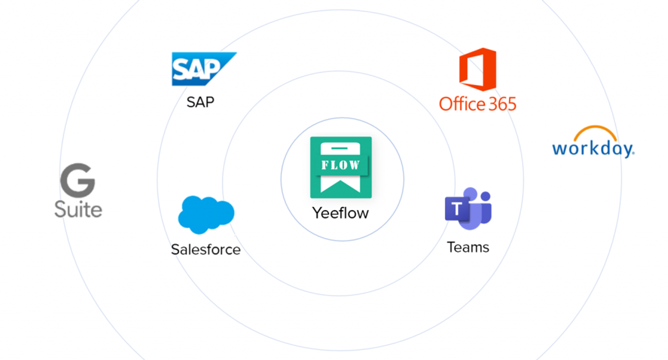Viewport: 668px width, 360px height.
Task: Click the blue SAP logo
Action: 204,69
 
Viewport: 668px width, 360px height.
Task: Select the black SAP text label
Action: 200,102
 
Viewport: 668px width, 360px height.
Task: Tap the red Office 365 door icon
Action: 478,69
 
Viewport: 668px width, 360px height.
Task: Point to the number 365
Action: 503,104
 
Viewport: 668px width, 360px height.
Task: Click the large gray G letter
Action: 78,180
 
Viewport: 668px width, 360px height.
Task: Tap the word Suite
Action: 78,209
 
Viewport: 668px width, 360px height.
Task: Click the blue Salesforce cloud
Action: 206,214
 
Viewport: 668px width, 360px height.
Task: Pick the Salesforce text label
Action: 206,249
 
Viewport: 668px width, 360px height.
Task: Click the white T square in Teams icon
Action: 457,209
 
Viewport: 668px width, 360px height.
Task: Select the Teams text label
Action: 468,247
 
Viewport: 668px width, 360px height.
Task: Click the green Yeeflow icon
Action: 341,167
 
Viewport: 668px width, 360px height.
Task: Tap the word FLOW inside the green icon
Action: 341,165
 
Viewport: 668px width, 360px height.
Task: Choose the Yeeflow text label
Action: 341,213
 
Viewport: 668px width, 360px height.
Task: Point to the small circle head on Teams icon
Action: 486,196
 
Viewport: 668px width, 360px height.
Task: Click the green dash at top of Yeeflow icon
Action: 339,148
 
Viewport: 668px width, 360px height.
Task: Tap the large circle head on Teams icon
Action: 471,194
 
